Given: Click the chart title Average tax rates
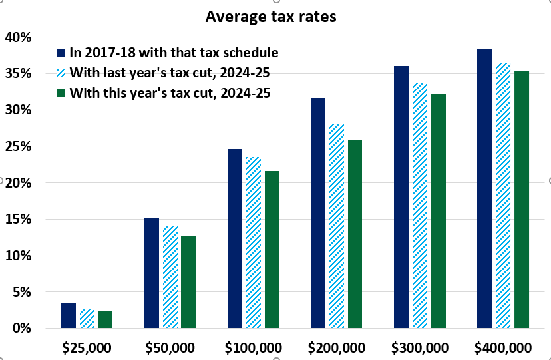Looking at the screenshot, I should (x=271, y=17).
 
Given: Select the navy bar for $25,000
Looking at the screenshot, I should (x=69, y=316).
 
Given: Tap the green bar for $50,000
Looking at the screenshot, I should (x=188, y=282).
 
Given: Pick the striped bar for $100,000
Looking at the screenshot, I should (x=254, y=242).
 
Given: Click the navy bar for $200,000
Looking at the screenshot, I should (x=318, y=213).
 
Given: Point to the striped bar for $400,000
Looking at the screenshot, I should (x=503, y=196).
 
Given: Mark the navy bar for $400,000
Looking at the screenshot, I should (x=484, y=189).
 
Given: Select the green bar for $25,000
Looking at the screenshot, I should (x=105, y=320).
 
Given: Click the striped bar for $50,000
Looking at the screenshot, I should (x=170, y=277).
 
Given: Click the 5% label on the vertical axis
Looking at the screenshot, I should (x=21, y=292).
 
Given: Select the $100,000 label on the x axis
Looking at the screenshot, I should (x=254, y=347).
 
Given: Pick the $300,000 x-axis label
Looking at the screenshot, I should (x=421, y=347).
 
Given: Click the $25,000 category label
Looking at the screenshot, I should (x=87, y=347).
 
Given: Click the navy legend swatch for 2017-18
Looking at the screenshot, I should (x=61, y=52).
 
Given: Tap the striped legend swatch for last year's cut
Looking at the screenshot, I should (x=61, y=72).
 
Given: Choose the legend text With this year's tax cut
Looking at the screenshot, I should (x=174, y=92).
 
